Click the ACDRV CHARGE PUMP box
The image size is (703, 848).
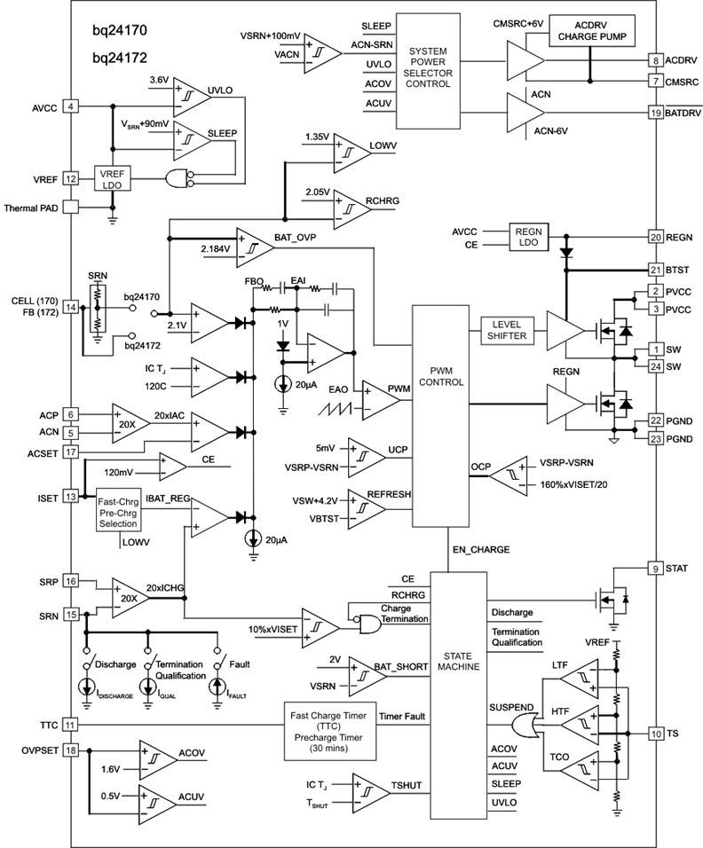588,31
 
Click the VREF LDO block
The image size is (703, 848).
112,178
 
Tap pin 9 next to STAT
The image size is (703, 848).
655,568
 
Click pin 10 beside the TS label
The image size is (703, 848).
655,734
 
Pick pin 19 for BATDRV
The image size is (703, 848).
655,113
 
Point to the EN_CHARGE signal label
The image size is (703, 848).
480,549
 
